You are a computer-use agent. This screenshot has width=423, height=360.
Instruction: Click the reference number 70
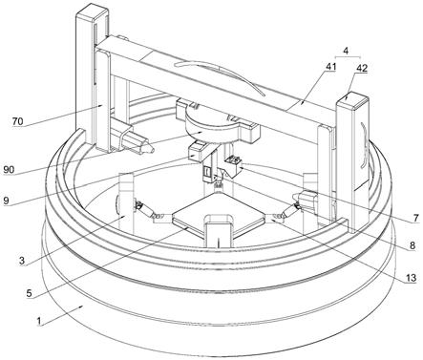coord(18,121)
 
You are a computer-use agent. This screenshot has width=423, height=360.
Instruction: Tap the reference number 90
coord(10,170)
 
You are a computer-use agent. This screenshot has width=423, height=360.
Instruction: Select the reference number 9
coord(6,201)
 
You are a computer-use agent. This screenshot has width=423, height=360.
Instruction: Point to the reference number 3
coord(22,261)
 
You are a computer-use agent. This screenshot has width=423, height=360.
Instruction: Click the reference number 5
coord(29,293)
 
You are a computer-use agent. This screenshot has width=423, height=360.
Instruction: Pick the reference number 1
coord(39,321)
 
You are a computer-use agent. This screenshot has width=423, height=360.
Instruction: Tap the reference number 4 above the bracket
coord(347,51)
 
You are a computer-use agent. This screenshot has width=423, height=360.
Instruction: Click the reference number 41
coord(330,66)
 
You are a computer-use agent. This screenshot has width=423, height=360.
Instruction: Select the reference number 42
coord(362,68)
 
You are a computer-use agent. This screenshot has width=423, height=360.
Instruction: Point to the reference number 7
coord(415,218)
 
